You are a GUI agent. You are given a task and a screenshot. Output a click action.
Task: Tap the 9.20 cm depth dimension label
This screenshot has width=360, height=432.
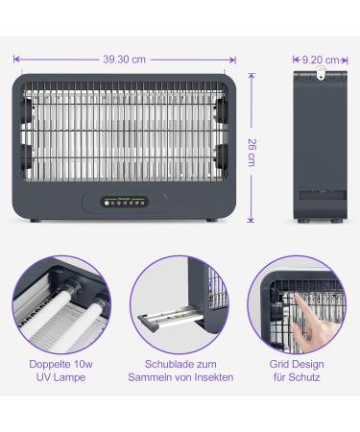319,60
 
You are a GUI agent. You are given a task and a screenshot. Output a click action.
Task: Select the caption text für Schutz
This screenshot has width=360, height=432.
298,379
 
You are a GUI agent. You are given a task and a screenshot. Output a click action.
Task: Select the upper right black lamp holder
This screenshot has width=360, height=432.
223,108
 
